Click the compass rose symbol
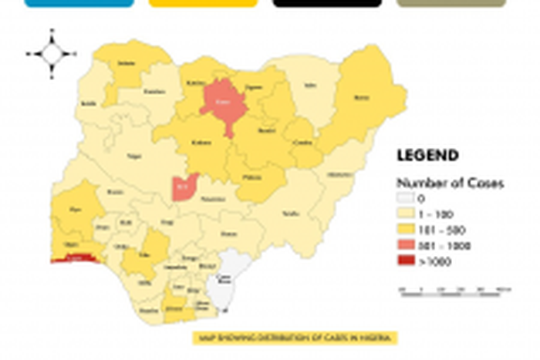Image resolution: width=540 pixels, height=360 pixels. click(x=52, y=53)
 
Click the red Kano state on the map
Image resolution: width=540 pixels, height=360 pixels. click(x=224, y=103)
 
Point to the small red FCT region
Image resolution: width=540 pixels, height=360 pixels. click(x=184, y=187)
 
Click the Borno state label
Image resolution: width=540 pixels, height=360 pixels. click(x=361, y=98)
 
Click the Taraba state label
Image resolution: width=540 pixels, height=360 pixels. click(x=291, y=213)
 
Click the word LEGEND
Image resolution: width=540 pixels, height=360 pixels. click(x=427, y=156)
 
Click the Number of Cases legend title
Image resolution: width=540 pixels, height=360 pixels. click(x=450, y=183)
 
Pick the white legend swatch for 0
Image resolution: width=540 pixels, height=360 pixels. click(x=407, y=198)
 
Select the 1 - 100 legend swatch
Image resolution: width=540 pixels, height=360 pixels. click(x=407, y=214)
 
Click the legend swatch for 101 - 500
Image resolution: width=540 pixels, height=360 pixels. click(x=407, y=230)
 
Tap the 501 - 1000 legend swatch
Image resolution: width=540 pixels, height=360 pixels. click(x=407, y=246)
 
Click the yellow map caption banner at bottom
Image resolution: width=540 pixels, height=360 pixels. click(x=295, y=338)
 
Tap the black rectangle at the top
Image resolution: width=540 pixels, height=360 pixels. click(x=327, y=3)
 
